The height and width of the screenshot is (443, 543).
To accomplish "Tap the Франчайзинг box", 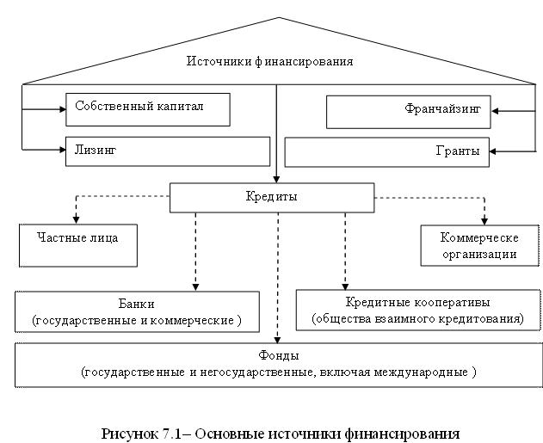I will [408, 110].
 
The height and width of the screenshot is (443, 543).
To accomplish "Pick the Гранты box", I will [386, 151].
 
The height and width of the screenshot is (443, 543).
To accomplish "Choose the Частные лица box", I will [80, 245].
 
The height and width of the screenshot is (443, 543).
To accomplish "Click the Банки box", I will [138, 311].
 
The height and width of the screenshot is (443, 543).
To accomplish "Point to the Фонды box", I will [277, 365].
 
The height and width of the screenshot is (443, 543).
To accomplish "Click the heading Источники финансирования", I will [270, 62].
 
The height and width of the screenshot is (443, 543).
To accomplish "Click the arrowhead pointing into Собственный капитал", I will [62, 109].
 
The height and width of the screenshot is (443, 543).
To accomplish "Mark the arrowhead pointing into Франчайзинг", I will [495, 110].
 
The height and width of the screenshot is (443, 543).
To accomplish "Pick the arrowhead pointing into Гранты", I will [495, 151].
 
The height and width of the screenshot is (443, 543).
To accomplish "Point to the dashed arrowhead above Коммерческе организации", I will [484, 220].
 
